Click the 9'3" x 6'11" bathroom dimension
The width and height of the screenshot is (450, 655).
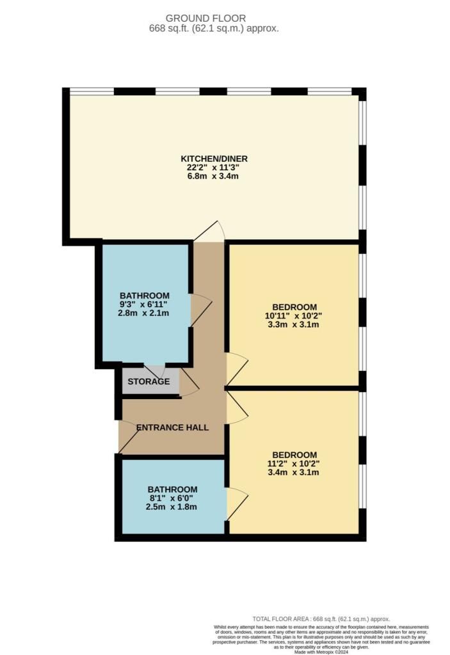(143, 304)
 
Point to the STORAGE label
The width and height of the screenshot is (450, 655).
(149, 382)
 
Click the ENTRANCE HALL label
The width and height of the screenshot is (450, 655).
(172, 427)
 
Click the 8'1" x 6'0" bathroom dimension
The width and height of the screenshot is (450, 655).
(170, 498)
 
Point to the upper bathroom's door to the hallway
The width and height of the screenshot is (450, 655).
(200, 310)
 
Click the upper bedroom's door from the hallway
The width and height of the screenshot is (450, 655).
(237, 368)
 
